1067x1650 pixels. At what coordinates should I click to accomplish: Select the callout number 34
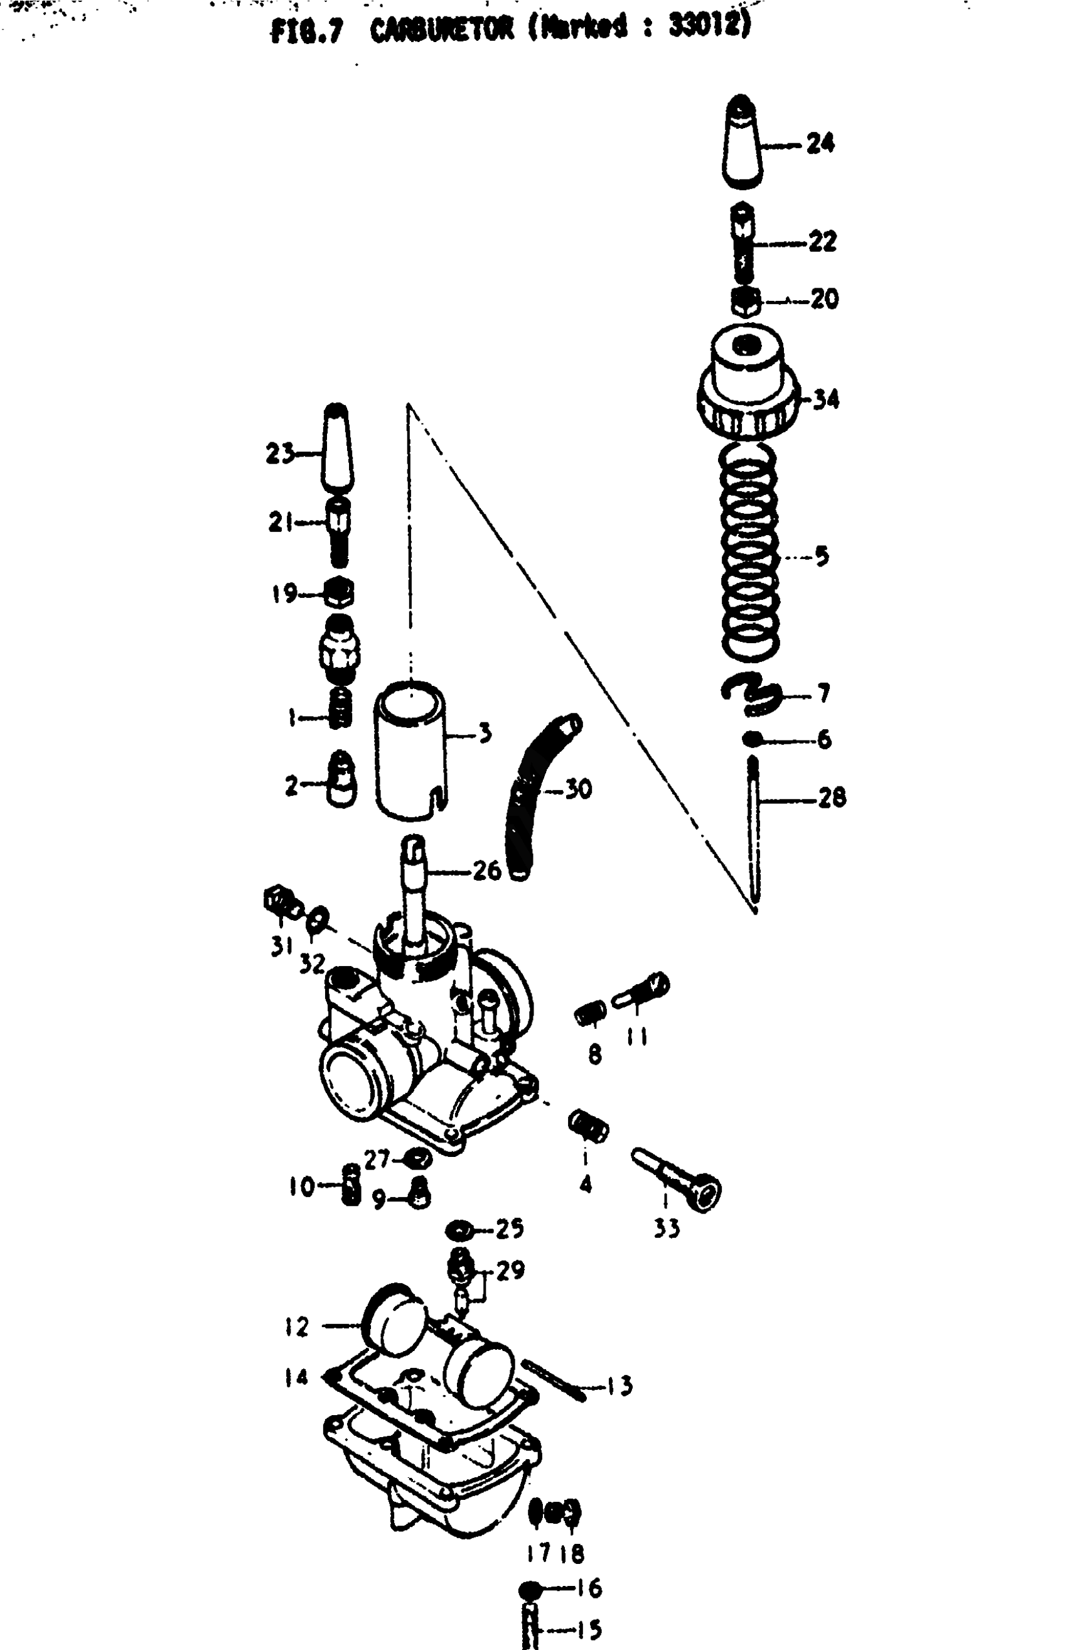[825, 399]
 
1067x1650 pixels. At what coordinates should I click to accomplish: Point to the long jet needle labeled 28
[754, 832]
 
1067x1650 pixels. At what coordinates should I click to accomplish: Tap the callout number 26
[486, 871]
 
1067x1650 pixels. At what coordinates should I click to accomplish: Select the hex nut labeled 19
[340, 594]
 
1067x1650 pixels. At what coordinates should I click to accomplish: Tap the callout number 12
[296, 1327]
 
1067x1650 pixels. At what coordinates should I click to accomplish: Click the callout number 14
[296, 1377]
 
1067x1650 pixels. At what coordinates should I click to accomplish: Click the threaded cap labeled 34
[748, 388]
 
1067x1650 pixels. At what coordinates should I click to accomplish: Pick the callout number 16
[589, 1588]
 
